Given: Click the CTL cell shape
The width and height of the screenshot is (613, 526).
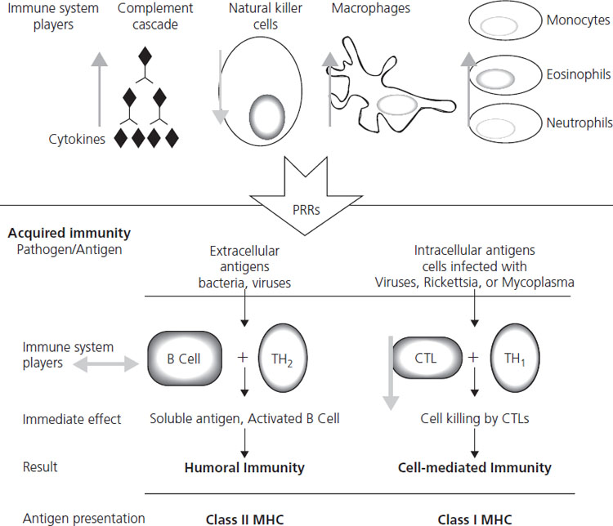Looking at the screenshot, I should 424,360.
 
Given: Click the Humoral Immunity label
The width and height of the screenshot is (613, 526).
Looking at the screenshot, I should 244,468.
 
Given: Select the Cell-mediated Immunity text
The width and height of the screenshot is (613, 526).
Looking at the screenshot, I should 474,468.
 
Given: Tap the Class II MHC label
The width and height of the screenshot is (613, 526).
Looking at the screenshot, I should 244,517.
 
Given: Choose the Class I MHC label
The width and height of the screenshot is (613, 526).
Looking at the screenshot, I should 474,517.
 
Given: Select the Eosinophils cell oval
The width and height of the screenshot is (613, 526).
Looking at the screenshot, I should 500,79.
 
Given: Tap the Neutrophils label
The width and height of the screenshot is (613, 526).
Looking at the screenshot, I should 577,124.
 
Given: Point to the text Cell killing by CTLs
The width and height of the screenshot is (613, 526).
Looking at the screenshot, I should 474,420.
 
